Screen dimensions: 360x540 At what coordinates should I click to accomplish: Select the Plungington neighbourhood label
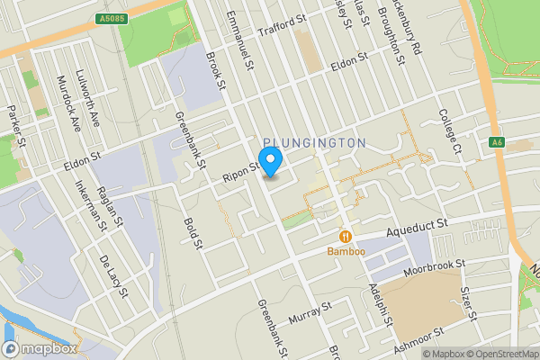[x=315, y=143]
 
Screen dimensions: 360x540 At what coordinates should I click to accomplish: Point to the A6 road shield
[x=497, y=141]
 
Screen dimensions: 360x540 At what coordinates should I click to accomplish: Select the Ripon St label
[x=242, y=167]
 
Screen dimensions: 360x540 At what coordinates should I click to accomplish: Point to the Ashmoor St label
[x=419, y=339]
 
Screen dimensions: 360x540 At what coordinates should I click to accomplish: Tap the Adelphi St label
[x=376, y=306]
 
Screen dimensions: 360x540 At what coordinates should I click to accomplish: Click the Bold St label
[x=191, y=232]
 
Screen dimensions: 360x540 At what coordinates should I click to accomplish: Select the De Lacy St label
[x=114, y=278]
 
